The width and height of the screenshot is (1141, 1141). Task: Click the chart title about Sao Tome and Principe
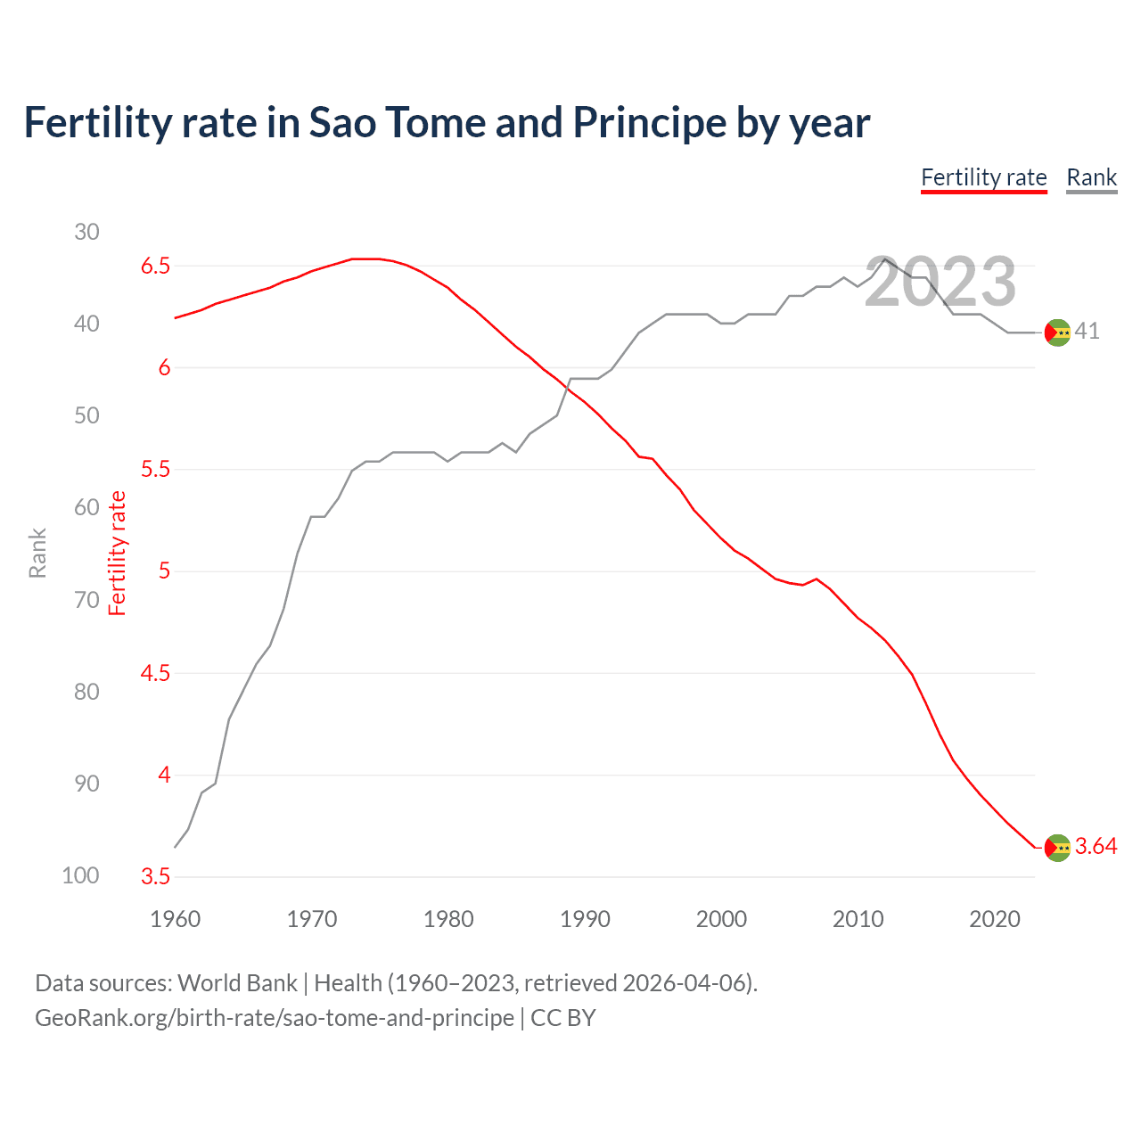click(x=447, y=123)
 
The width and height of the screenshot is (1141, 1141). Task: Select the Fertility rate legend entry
click(x=983, y=177)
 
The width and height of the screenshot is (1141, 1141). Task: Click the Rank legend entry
click(x=1091, y=177)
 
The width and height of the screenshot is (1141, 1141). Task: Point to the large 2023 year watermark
click(x=940, y=282)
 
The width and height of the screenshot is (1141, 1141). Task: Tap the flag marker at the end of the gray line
click(x=1057, y=332)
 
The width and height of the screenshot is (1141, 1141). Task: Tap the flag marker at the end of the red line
click(x=1057, y=848)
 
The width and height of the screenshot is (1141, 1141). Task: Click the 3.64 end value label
click(x=1096, y=847)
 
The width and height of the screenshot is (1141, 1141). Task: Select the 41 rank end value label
click(x=1087, y=332)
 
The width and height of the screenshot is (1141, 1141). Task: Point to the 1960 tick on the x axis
click(x=175, y=919)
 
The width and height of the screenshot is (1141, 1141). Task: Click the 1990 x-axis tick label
click(x=585, y=919)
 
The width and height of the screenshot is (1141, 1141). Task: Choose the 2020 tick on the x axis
click(x=994, y=919)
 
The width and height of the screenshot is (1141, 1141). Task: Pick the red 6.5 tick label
click(x=155, y=266)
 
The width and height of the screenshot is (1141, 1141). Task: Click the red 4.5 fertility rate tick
click(x=155, y=674)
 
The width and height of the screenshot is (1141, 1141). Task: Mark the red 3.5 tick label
click(x=155, y=877)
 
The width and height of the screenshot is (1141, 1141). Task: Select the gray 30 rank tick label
click(x=86, y=232)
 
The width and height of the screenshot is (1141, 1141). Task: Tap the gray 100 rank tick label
click(x=80, y=876)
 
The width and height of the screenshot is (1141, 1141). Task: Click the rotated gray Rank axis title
click(x=37, y=553)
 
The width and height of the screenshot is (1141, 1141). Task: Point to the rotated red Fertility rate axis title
click(x=118, y=553)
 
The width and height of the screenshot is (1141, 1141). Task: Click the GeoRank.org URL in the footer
click(x=275, y=1018)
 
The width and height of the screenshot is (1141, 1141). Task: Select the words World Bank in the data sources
click(x=237, y=983)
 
